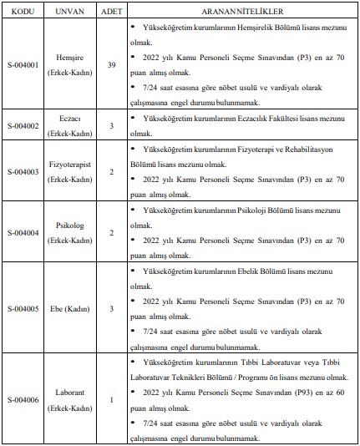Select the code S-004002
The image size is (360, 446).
coord(22,125)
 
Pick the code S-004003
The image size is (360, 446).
coord(22,170)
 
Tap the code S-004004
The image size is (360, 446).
coord(22,231)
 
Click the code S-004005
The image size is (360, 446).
coord(22,307)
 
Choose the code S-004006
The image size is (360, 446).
coord(22,399)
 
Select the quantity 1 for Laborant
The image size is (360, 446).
coord(112,399)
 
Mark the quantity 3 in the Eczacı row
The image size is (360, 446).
coord(112,125)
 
